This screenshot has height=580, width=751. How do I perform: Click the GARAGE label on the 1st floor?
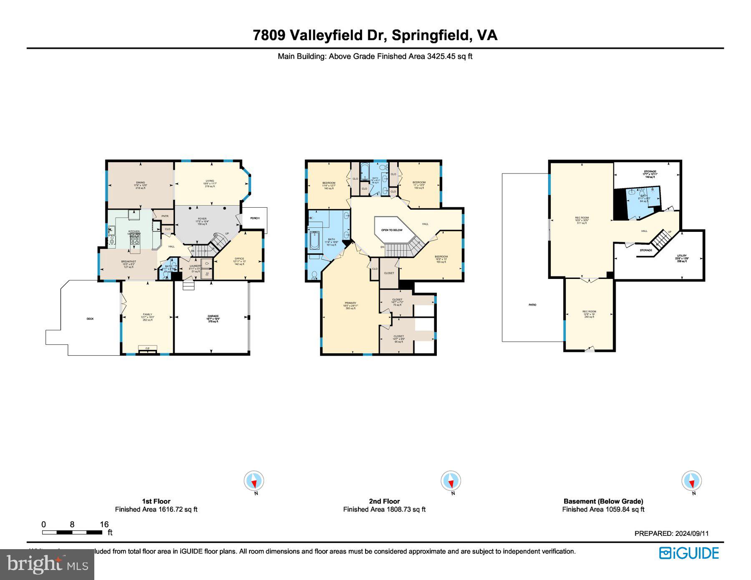[x=213, y=316]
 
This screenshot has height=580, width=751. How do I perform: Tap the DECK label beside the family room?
[x=90, y=319]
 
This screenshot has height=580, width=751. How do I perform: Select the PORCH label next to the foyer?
[x=255, y=218]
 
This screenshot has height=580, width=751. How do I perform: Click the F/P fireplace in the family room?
[x=147, y=349]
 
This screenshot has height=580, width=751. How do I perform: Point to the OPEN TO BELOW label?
[x=392, y=230]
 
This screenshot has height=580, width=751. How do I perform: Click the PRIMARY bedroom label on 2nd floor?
[x=350, y=303]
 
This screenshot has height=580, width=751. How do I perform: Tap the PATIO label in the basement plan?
[x=532, y=305]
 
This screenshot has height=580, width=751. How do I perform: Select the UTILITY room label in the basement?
[x=682, y=256]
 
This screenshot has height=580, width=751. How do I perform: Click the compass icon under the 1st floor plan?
[x=254, y=481]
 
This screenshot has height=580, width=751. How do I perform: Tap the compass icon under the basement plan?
[x=691, y=481]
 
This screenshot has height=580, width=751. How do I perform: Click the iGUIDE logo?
[x=689, y=553]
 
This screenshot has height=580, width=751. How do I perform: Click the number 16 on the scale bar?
[x=104, y=525]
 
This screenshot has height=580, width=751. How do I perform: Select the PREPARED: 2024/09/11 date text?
[x=671, y=533]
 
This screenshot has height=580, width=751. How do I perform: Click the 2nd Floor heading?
[x=384, y=501]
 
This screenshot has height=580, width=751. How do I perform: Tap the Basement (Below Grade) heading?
[x=603, y=501]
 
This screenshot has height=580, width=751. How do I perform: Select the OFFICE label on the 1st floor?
[x=239, y=259]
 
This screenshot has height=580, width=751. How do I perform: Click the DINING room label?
[x=140, y=183]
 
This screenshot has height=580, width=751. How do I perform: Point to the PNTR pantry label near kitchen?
[x=165, y=216]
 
